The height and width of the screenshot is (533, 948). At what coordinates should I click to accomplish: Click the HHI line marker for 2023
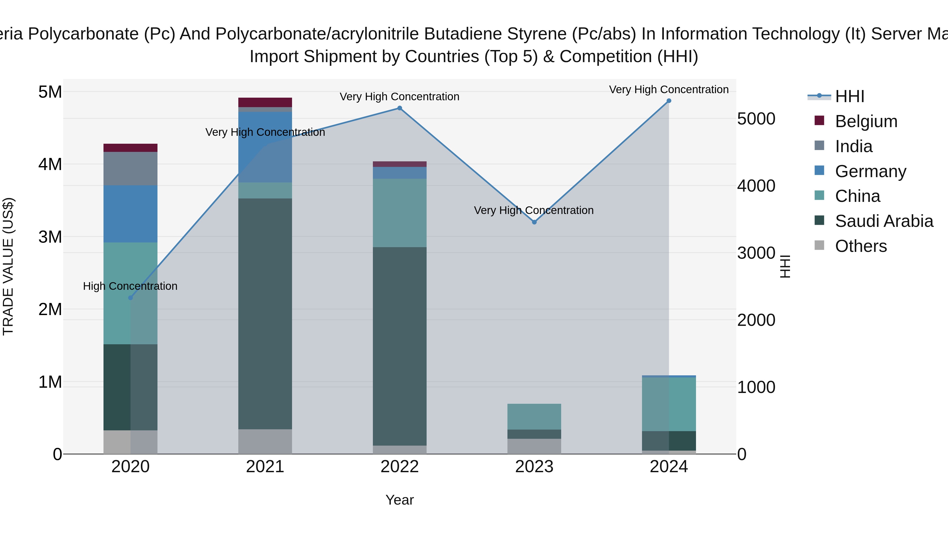point(534,222)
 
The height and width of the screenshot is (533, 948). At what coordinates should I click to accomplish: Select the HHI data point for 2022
point(400,108)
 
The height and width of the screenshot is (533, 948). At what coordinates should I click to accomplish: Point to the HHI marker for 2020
point(130,298)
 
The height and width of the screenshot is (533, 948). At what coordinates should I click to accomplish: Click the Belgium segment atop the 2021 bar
point(265,102)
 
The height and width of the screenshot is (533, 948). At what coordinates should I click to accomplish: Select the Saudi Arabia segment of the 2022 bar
point(400,346)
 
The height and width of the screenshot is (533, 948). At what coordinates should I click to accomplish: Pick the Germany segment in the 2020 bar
point(130,214)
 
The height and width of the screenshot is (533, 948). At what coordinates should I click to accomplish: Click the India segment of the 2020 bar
point(130,168)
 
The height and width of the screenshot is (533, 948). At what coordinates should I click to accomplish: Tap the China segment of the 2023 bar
point(534,416)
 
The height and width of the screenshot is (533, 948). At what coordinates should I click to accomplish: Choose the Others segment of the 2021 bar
point(265,441)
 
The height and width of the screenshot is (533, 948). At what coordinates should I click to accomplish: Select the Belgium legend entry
point(866,121)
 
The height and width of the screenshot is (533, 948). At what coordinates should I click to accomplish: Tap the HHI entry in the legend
point(849,96)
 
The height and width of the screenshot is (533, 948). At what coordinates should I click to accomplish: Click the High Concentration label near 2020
point(130,286)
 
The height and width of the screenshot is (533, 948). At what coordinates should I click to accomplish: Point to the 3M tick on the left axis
point(50,237)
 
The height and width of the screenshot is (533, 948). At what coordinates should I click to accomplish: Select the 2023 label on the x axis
point(534,467)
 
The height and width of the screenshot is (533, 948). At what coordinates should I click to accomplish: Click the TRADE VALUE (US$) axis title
point(8,266)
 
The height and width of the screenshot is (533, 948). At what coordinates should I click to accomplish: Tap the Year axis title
point(400,500)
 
